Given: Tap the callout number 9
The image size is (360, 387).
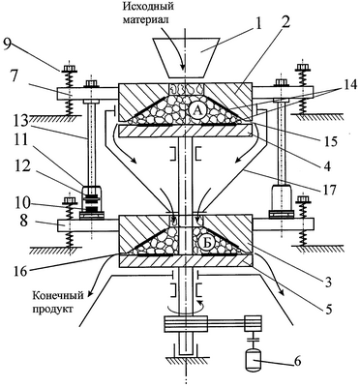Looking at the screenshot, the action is [9, 45].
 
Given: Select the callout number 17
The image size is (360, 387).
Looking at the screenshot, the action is [328, 188].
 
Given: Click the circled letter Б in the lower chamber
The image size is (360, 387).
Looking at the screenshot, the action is [207, 244].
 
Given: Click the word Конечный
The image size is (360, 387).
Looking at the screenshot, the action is [58, 295].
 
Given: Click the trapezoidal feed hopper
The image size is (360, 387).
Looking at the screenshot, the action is [187, 58].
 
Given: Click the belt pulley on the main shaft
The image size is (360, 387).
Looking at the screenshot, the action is [186, 324].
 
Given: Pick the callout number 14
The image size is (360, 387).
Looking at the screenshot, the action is [348, 85].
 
